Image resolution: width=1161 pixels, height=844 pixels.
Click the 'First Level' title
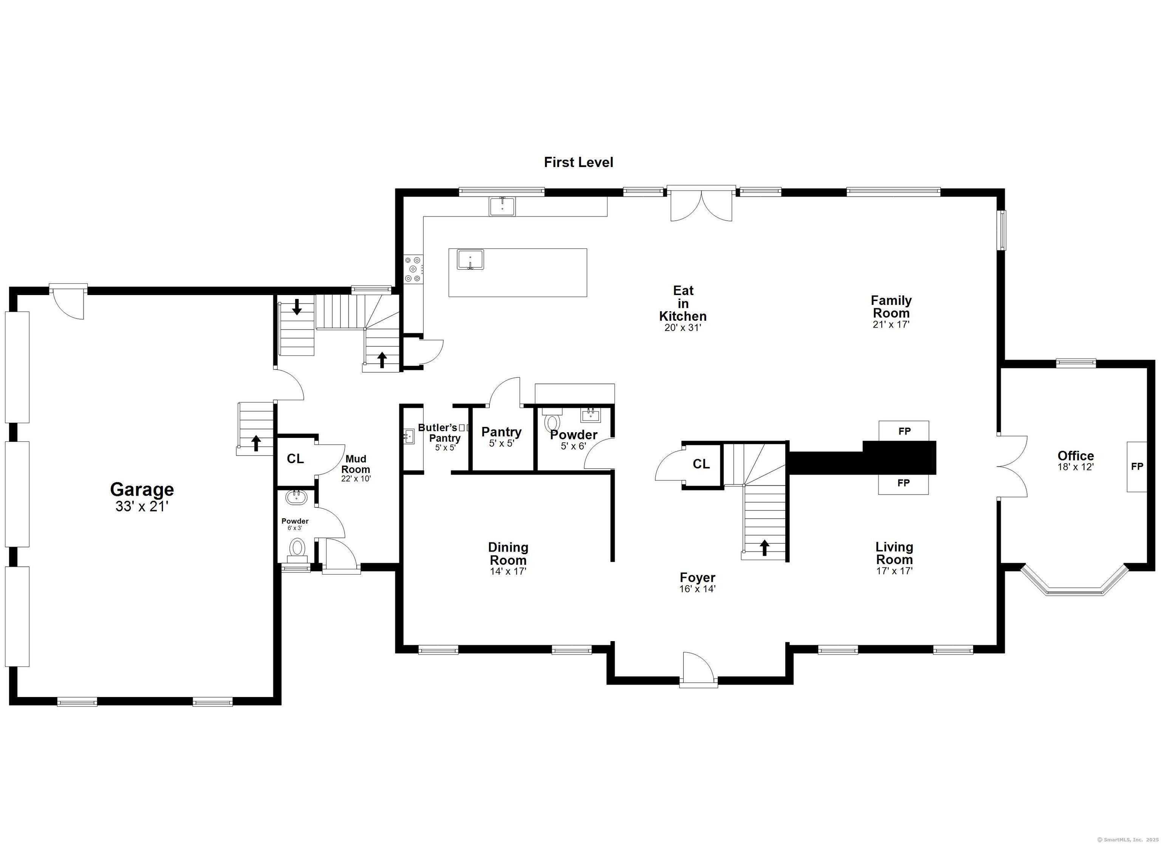579,162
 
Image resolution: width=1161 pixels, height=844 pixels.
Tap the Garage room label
142,489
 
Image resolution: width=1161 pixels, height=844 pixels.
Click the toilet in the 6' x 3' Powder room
297,548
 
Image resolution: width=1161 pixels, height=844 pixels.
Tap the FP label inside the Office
1137,466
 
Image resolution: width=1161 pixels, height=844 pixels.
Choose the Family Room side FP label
904,431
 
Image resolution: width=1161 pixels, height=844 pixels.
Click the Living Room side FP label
904,483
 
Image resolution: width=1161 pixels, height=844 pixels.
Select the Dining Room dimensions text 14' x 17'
508,571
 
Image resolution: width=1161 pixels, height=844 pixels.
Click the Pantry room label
501,432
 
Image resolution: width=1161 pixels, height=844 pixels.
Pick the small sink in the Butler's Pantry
408,436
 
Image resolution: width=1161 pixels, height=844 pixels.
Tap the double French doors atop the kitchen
701,204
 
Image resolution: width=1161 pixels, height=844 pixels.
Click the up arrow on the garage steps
256,443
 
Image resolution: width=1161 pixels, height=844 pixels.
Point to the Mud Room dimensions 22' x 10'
356,479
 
